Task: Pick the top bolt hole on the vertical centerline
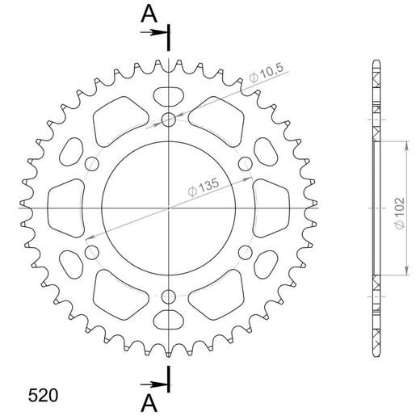[x=169, y=121]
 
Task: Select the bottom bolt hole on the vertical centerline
[x=169, y=296]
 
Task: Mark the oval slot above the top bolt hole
[x=169, y=94]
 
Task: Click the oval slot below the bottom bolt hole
[x=169, y=322]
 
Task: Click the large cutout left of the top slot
[x=115, y=119]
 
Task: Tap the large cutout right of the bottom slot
[x=223, y=297]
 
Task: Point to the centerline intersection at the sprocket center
[x=169, y=208]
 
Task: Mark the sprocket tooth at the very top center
[x=169, y=65]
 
